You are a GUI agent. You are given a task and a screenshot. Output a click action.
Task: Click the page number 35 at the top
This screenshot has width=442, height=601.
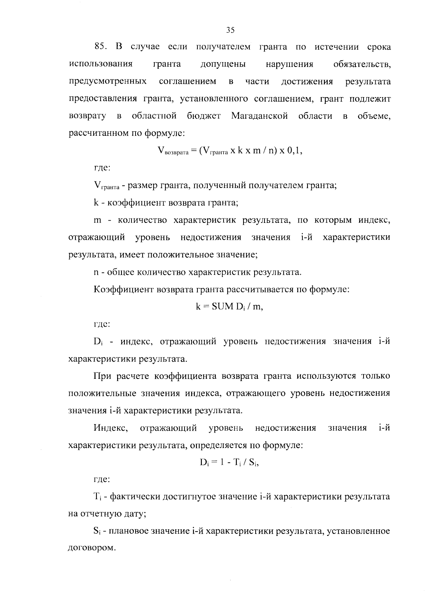(x=230, y=30)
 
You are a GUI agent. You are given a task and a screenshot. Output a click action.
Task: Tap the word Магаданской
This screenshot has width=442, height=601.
(x=259, y=116)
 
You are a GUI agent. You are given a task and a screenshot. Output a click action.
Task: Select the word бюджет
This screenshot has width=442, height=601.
(x=204, y=116)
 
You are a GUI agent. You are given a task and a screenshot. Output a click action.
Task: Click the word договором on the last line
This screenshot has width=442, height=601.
(x=90, y=548)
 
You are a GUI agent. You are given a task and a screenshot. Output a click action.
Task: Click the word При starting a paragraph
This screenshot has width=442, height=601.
(x=102, y=376)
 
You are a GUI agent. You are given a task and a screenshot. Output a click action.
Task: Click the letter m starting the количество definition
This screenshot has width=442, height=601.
(x=98, y=221)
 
